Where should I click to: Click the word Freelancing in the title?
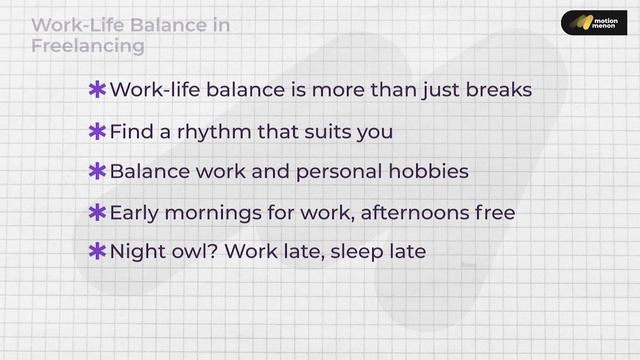tap(88, 46)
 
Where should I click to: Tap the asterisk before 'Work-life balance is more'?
tap(98, 91)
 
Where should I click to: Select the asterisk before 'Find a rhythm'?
tap(98, 132)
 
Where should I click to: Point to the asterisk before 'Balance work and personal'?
tap(98, 172)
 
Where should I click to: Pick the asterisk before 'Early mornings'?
tap(98, 213)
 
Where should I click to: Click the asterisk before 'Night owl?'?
tap(98, 252)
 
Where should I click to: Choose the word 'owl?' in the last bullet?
tap(194, 252)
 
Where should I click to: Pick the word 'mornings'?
tap(216, 213)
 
